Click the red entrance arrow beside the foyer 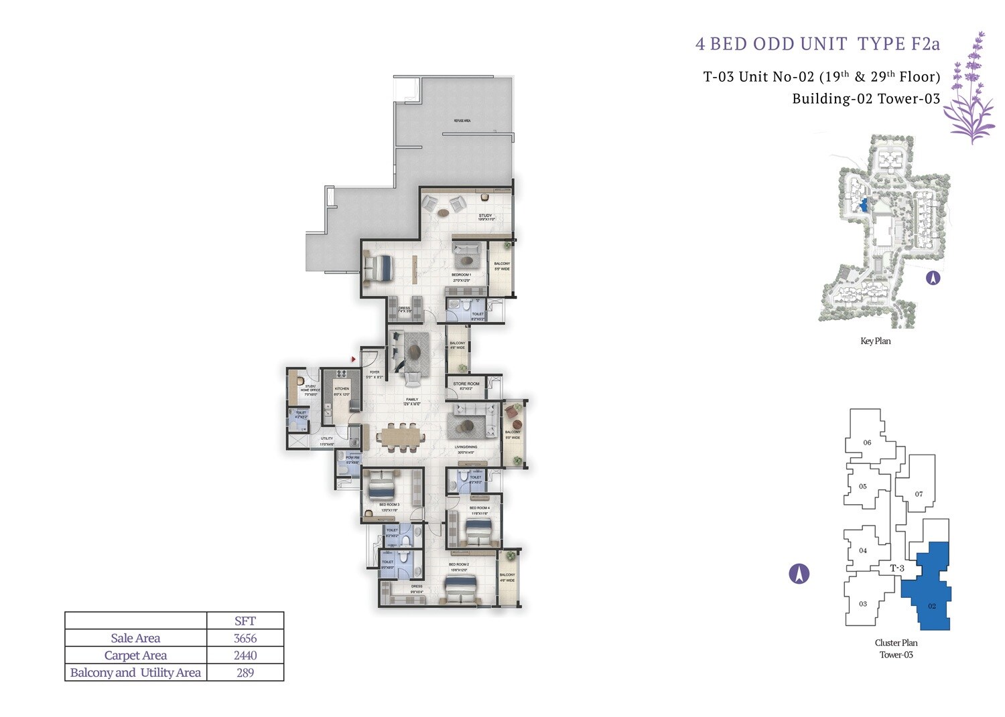click(x=353, y=360)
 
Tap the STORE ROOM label click(x=466, y=384)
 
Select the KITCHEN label click(x=342, y=389)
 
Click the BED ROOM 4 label click(x=479, y=508)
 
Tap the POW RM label click(x=352, y=459)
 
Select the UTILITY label click(x=326, y=439)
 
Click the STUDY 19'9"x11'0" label click(x=486, y=217)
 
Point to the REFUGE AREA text click(x=462, y=121)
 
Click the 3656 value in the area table click(x=245, y=638)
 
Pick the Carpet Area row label click(x=135, y=655)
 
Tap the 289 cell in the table click(x=245, y=673)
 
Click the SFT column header click(x=245, y=621)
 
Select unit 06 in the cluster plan click(x=867, y=443)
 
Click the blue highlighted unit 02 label click(x=932, y=606)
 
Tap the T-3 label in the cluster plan click(x=897, y=568)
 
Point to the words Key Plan click(x=875, y=341)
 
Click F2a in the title click(x=925, y=44)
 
